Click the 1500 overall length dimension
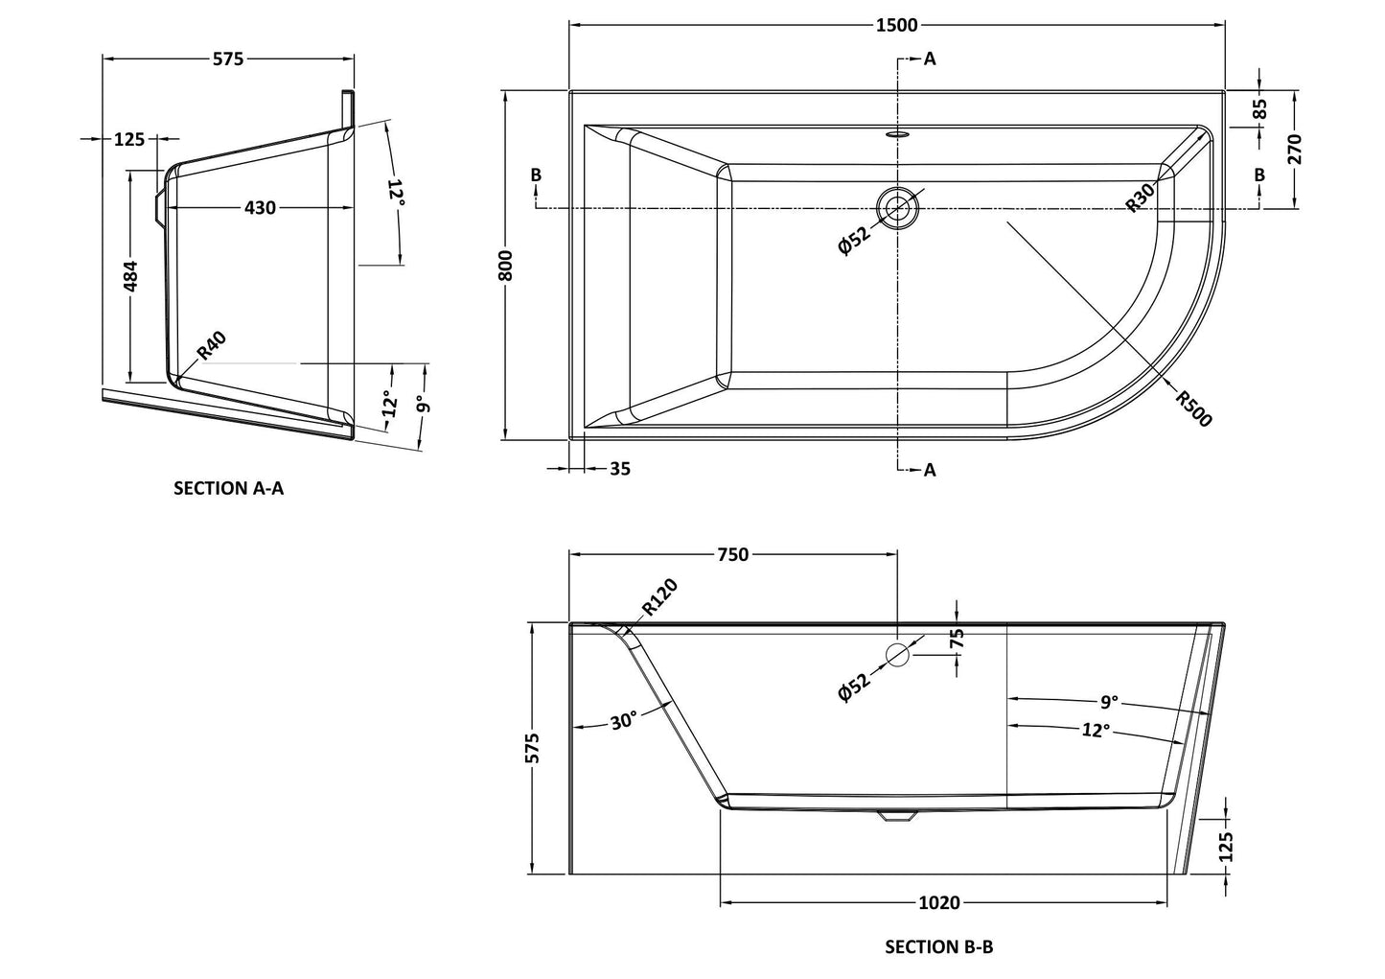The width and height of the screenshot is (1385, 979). (x=896, y=25)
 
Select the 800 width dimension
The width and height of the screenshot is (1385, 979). (x=507, y=265)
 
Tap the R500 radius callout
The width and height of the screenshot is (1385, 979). (x=1194, y=408)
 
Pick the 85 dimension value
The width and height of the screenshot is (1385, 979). (x=1259, y=109)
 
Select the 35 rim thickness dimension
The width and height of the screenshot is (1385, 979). (x=620, y=469)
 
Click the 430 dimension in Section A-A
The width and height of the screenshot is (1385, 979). (x=260, y=207)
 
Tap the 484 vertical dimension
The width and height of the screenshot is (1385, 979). (x=131, y=275)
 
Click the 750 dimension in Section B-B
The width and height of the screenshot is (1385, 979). (x=732, y=553)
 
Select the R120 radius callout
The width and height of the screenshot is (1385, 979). (x=659, y=596)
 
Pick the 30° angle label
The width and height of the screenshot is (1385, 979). (x=623, y=721)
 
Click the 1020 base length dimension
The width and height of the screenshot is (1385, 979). (x=939, y=902)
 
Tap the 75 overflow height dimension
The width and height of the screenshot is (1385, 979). (x=957, y=640)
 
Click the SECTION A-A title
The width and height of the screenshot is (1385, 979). (x=228, y=488)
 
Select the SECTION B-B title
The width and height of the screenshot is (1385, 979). (x=938, y=947)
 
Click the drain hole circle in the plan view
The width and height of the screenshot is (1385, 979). (x=898, y=207)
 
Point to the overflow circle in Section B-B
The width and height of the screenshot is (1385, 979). (x=898, y=656)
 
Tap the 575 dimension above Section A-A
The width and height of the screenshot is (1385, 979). (x=228, y=59)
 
